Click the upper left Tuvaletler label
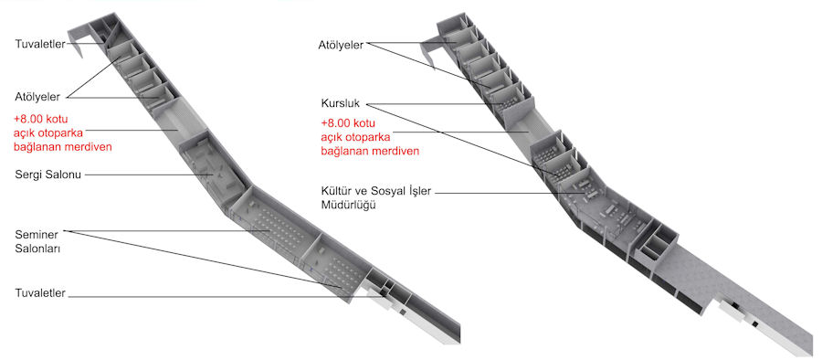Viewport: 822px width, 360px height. click(40, 44)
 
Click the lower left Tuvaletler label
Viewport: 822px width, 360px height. click(40, 293)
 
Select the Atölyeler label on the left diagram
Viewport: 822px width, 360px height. click(37, 97)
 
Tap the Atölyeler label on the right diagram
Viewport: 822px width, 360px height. click(341, 45)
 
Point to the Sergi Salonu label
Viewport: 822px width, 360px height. click(48, 175)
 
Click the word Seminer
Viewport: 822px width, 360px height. click(37, 235)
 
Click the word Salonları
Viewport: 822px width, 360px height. click(37, 249)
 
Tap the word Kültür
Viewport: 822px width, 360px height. click(336, 191)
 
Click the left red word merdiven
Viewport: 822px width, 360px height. click(90, 146)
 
